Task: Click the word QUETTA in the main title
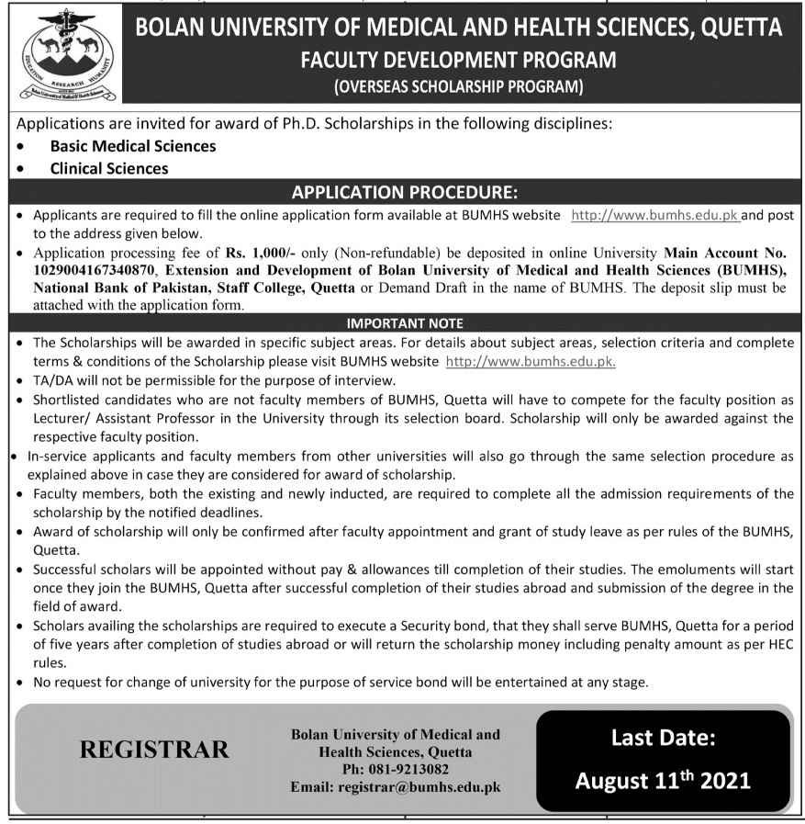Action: [x=740, y=28]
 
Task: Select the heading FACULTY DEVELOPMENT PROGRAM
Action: [x=458, y=61]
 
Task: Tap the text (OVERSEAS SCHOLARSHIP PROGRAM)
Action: [x=458, y=88]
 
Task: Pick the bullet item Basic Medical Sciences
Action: [x=133, y=146]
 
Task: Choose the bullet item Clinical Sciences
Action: [x=109, y=168]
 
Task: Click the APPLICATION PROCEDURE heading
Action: [x=404, y=193]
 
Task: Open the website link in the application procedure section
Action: [x=655, y=215]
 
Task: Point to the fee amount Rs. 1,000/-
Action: [x=261, y=253]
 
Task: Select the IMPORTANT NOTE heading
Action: [x=404, y=323]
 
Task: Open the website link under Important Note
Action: [x=530, y=361]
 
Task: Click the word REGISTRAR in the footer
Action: [x=154, y=750]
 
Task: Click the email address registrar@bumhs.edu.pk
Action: [x=419, y=787]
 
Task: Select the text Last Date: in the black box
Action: [x=663, y=737]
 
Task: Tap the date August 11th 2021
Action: [x=663, y=781]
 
